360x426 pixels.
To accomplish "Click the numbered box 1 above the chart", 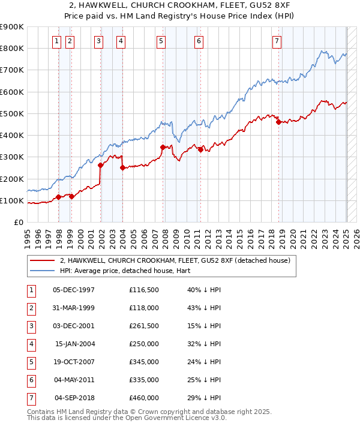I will pos(56,41).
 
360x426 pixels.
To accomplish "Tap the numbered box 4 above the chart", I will pos(121,41).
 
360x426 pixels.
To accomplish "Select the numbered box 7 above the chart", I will pos(276,41).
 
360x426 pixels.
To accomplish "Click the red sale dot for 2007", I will pos(163,147).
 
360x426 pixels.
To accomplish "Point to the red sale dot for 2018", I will pos(278,122).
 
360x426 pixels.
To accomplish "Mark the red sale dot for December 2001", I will pos(100,165).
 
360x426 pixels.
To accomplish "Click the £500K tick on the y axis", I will pos(12,113).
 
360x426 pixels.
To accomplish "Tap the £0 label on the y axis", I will pos(19,222).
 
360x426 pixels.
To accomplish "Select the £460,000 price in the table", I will pos(144,397).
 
